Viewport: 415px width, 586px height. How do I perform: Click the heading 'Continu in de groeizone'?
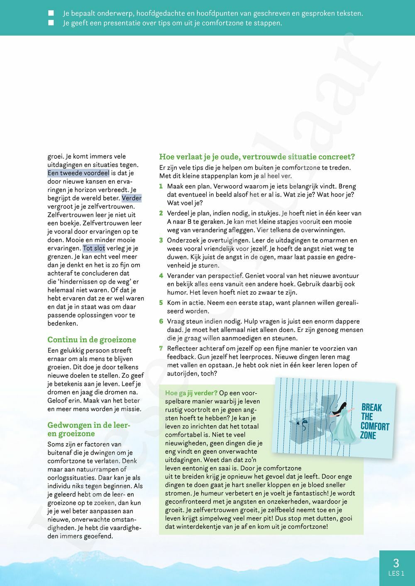[92, 340]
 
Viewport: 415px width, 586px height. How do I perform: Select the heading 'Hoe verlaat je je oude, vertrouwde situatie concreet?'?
[257, 157]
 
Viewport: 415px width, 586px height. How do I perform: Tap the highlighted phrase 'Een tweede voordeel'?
[78, 173]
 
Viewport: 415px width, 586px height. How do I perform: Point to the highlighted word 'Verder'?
[132, 198]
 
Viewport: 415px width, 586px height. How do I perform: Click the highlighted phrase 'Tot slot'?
[94, 248]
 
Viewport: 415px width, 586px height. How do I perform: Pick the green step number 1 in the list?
[161, 186]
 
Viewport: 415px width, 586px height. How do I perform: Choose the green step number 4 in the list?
[161, 276]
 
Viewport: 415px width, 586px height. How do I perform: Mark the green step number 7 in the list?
[161, 349]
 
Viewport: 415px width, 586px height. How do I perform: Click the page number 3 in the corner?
[396, 562]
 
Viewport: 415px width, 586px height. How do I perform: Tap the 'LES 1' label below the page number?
[396, 574]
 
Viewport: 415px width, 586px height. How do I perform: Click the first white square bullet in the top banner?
[51, 13]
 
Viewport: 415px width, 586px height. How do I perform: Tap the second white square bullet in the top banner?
[51, 23]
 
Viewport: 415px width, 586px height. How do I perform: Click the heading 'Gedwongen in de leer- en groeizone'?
[89, 429]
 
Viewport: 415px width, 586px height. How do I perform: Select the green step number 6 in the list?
[161, 322]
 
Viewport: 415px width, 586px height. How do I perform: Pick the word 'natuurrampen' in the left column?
[88, 469]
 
